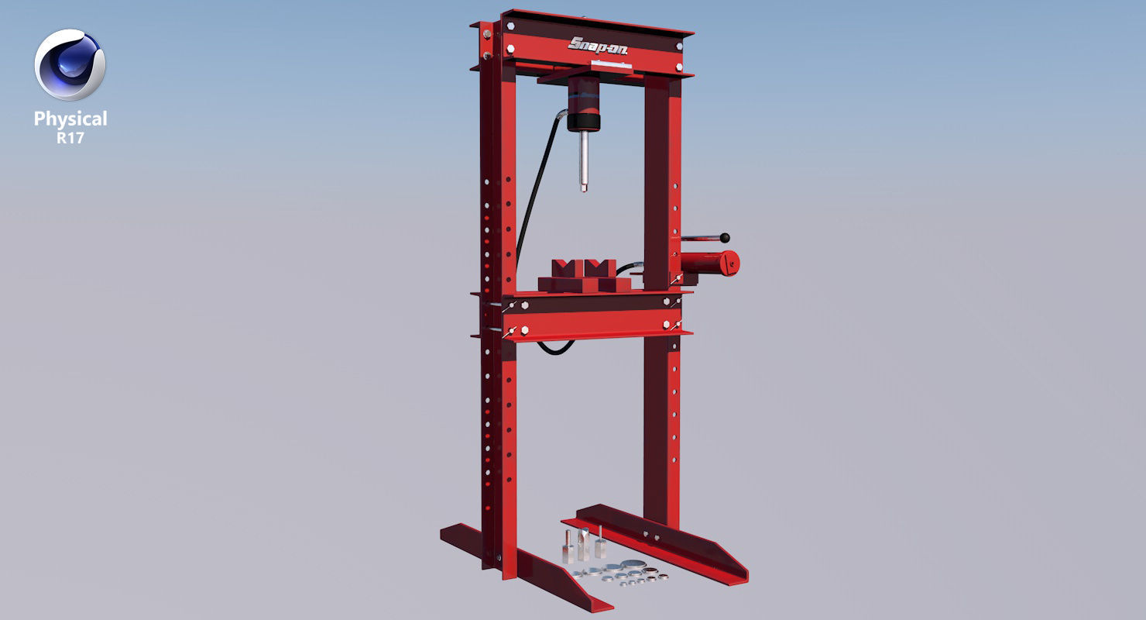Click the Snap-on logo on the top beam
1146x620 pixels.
598,46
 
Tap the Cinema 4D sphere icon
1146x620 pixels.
70,65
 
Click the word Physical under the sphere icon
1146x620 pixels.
70,119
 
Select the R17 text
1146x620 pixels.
70,138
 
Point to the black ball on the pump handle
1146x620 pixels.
726,238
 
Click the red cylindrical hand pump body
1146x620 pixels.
705,263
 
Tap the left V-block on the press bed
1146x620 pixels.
564,275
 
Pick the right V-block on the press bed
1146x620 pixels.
601,275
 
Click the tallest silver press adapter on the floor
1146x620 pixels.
599,543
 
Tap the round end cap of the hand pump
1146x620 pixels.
731,263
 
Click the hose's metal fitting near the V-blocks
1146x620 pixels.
635,267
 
